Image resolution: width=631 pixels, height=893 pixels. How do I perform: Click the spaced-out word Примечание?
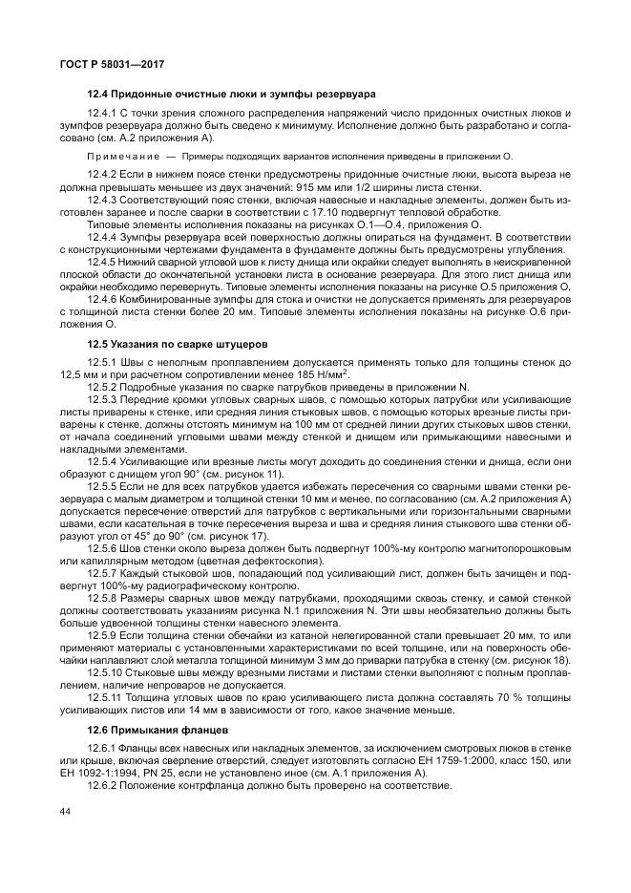[124, 154]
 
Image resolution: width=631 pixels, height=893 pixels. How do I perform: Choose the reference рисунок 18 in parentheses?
[536, 659]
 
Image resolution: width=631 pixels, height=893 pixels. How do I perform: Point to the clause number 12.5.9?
[103, 635]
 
